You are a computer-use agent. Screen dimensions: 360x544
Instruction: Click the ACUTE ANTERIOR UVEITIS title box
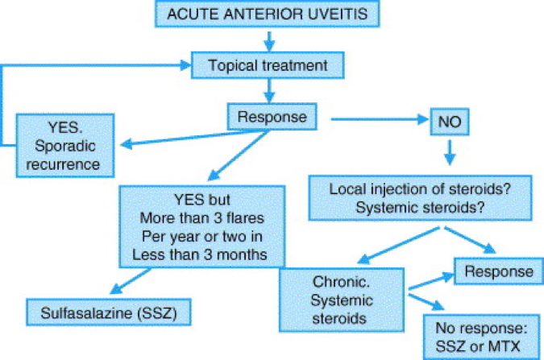point(271,15)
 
